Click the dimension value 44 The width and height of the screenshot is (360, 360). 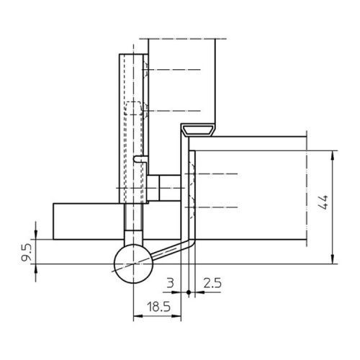(x=323, y=202)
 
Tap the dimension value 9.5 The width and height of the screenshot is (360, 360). (x=26, y=252)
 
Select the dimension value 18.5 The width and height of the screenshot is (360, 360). (x=158, y=307)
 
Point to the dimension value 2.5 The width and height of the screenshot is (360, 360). (x=212, y=283)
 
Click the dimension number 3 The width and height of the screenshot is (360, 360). (x=170, y=283)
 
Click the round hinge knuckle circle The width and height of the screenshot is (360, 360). (x=133, y=264)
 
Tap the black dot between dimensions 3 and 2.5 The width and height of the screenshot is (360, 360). (x=189, y=292)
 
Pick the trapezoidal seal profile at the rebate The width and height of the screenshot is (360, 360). (x=199, y=130)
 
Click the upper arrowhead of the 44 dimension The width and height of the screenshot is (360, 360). (x=333, y=156)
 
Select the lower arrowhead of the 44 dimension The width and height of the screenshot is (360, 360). (x=333, y=259)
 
